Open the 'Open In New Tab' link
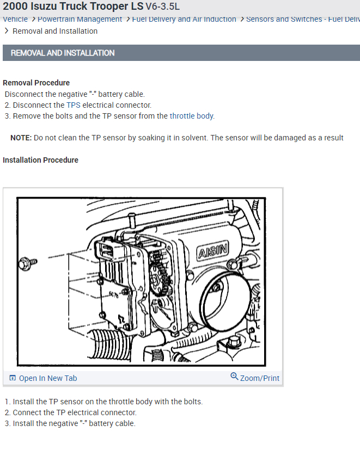(48, 378)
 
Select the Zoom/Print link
(259, 378)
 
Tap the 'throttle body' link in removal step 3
(192, 116)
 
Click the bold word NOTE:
(21, 138)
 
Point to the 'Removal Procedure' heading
(36, 83)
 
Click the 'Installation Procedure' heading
(41, 160)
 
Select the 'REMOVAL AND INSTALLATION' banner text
(63, 53)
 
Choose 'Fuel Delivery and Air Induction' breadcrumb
(184, 20)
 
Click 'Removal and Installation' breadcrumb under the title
(55, 31)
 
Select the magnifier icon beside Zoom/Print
(234, 377)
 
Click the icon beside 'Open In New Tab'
(13, 378)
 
